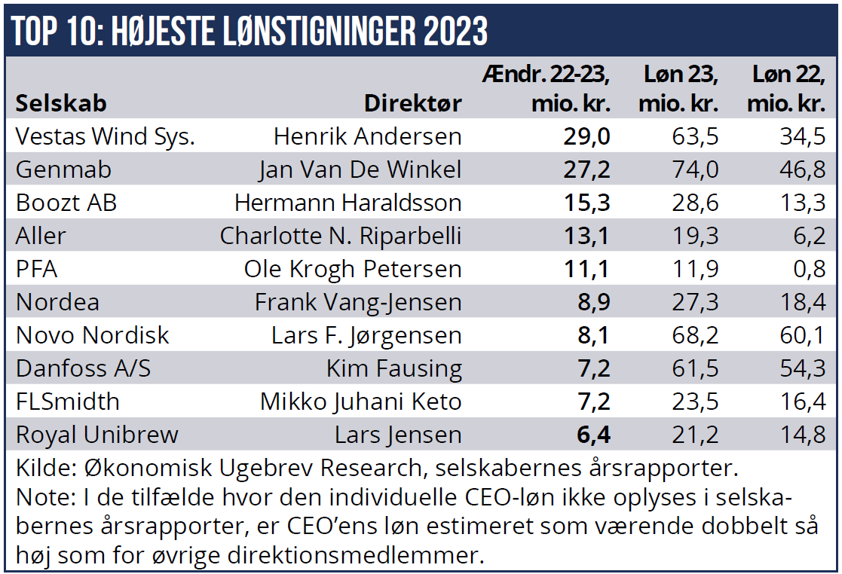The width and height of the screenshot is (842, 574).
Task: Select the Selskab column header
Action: pos(61,103)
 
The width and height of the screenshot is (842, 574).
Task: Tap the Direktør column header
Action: pos(412,103)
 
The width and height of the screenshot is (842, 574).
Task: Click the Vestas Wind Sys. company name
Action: pos(106,136)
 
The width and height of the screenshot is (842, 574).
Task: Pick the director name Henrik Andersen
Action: pos(367,136)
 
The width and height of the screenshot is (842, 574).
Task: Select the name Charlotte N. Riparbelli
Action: pos(340,236)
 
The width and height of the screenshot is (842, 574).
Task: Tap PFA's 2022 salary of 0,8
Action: pos(809,269)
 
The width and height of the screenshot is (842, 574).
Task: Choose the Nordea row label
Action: pos(57,302)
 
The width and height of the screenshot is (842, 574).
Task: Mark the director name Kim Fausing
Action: pos(393,368)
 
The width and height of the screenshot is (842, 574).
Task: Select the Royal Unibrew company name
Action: pos(97,435)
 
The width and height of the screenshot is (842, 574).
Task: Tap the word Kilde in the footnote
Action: pos(38,468)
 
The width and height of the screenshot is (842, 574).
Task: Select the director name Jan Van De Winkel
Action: pos(360,169)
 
